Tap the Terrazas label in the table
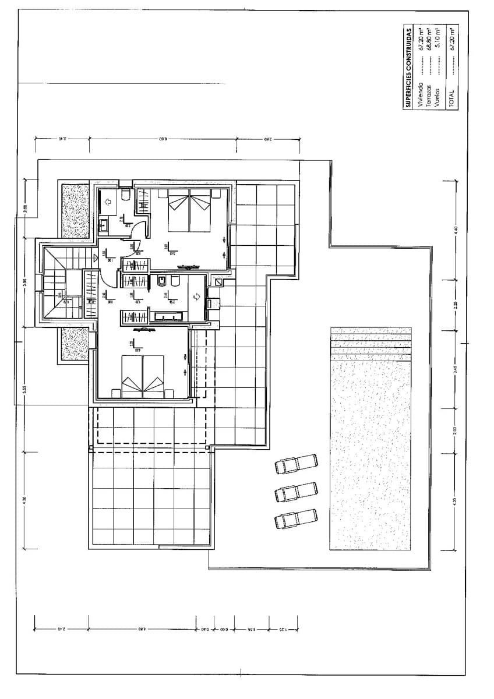point(429,96)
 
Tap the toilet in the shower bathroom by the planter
point(125,195)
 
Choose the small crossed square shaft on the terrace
point(218,283)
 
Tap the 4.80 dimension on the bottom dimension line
point(142,629)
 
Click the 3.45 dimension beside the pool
point(456,368)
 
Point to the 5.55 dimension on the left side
point(25,389)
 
